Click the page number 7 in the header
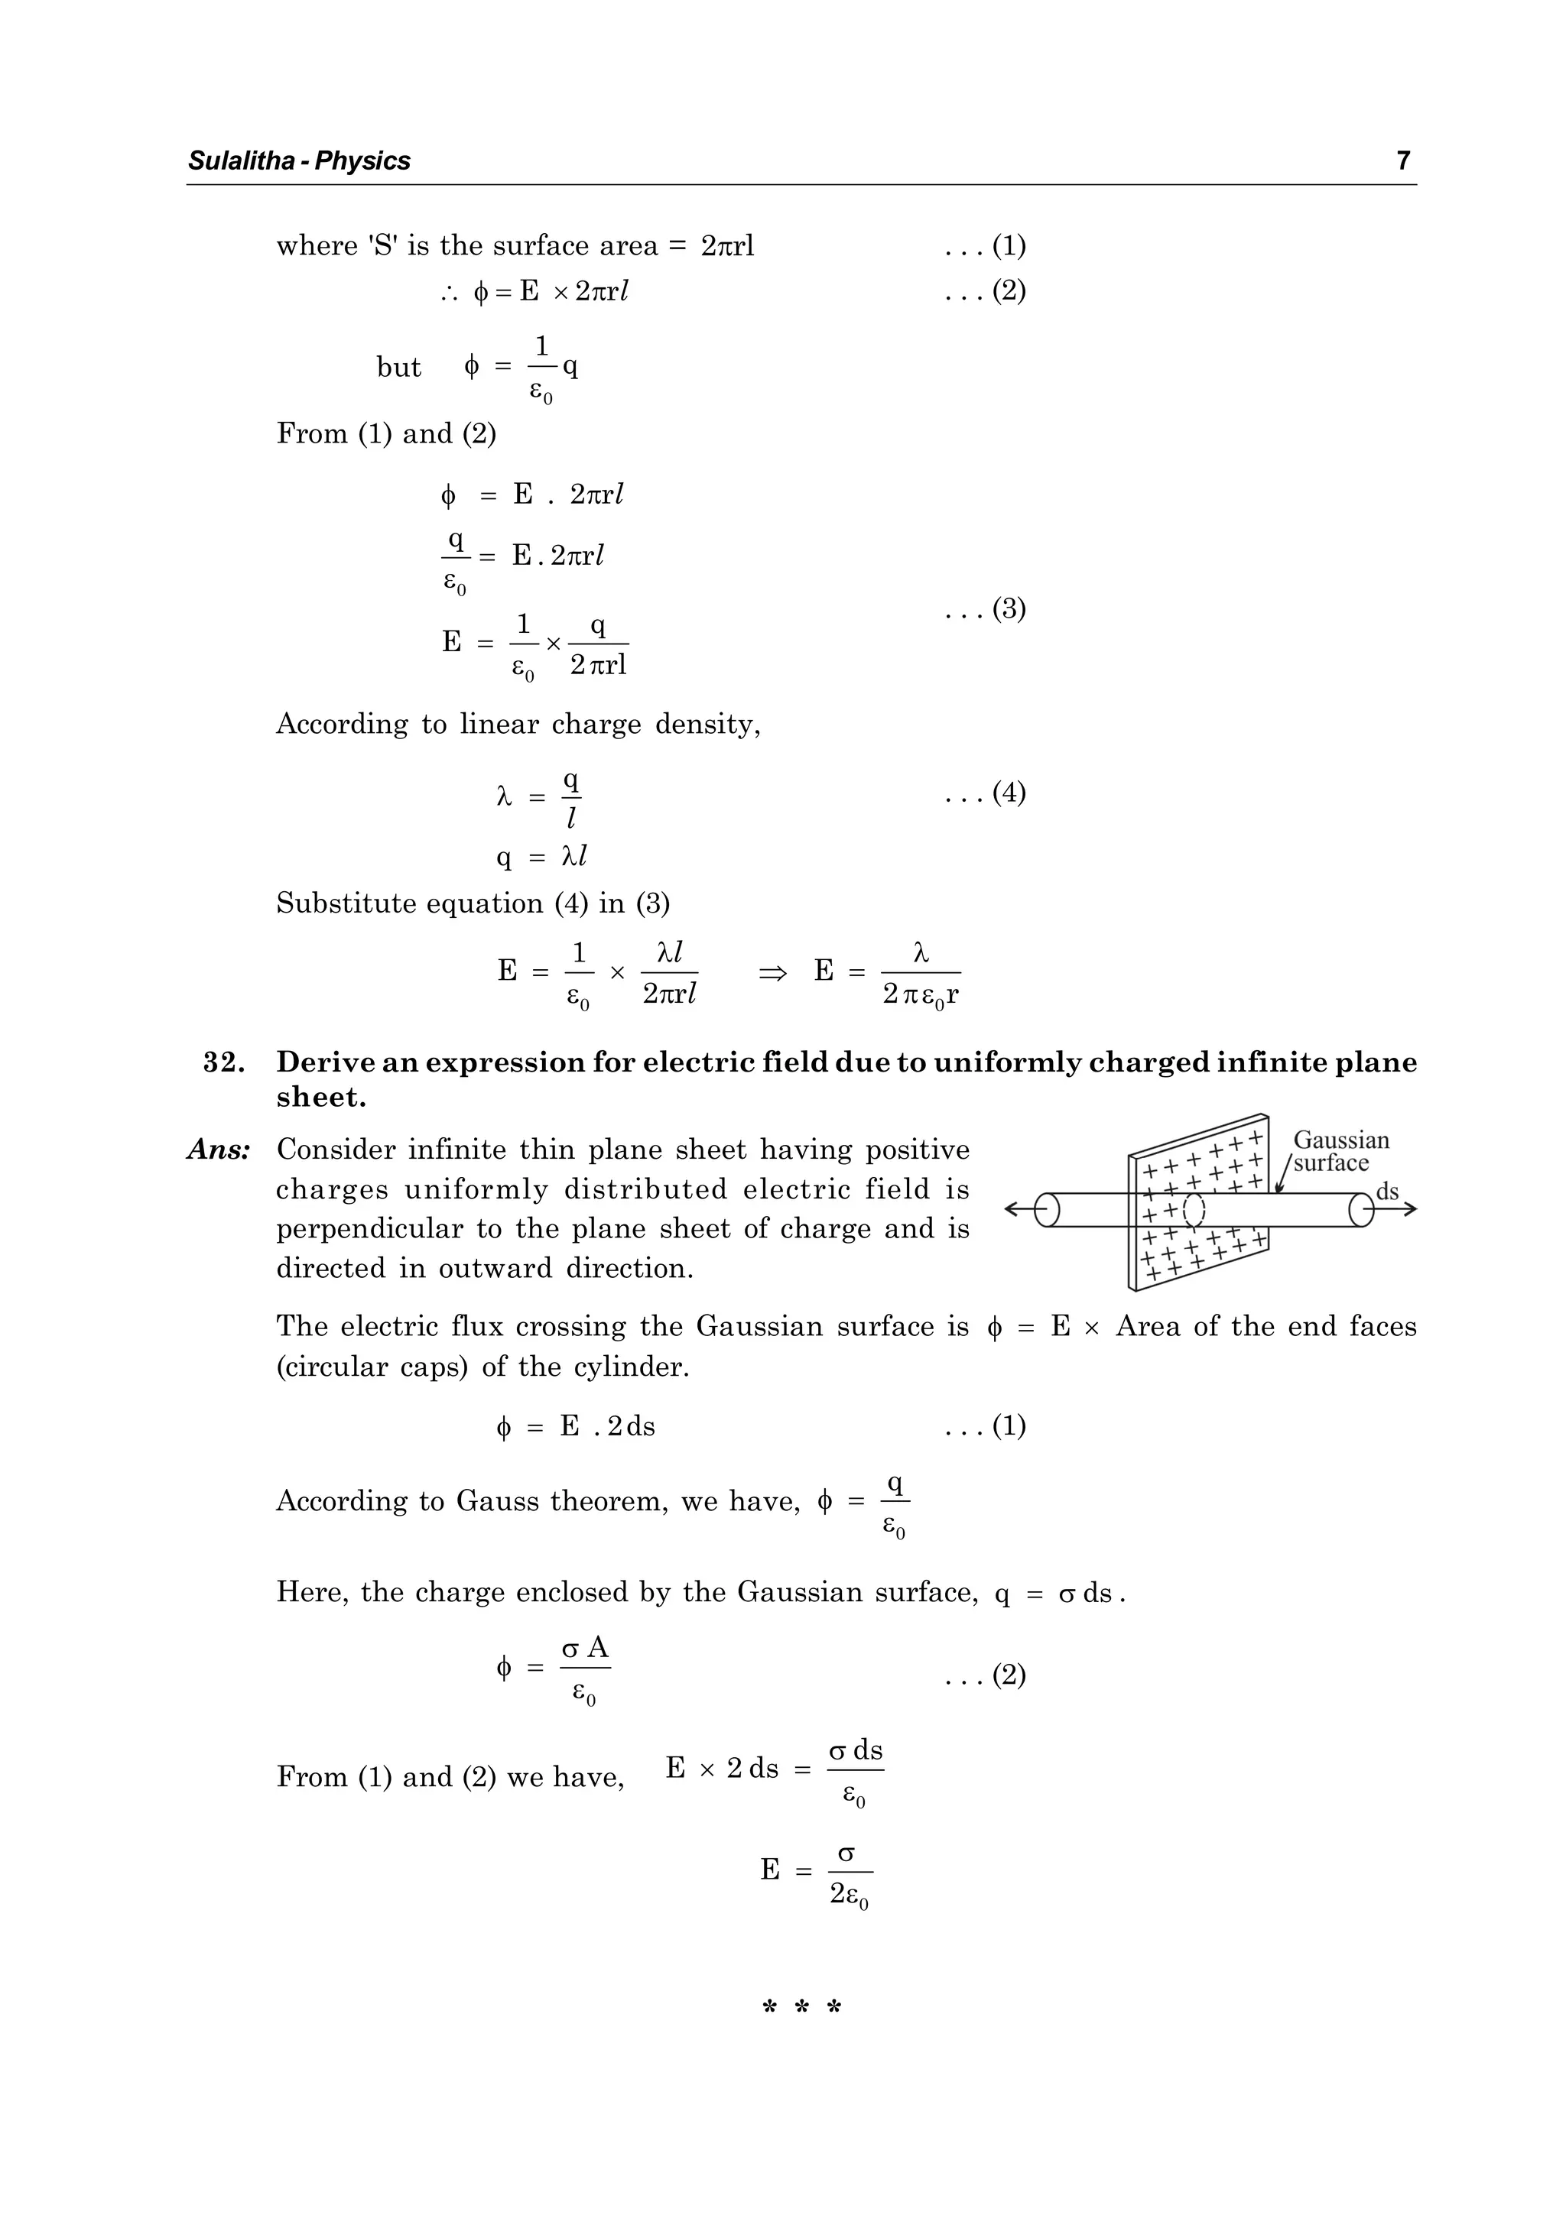1403,161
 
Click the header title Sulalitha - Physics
299,161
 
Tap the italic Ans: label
219,1150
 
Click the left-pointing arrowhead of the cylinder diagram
1012,1209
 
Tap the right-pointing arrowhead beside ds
1410,1209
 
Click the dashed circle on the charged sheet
1194,1210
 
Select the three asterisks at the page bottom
802,2009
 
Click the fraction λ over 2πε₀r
921,975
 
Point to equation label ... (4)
985,793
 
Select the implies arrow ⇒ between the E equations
773,972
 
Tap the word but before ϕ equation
398,368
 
